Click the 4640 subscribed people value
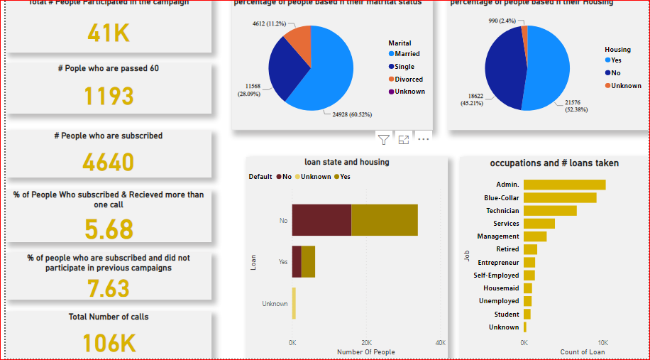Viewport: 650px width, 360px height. click(x=108, y=162)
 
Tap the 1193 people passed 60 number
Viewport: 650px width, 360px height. click(x=108, y=95)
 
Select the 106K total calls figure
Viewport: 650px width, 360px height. click(x=109, y=343)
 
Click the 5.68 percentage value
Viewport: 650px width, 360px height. click(x=109, y=229)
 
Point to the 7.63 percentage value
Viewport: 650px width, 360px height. click(x=109, y=288)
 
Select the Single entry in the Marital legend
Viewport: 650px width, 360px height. click(x=404, y=66)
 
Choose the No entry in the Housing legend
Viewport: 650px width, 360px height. click(x=616, y=72)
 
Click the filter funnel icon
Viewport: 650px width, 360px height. click(x=384, y=139)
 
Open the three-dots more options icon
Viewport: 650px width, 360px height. click(x=424, y=139)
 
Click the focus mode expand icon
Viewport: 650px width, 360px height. click(x=404, y=139)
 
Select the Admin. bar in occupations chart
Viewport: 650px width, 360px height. click(x=564, y=185)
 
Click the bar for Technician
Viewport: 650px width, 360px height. click(x=550, y=211)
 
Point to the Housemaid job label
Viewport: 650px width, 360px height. click(x=502, y=288)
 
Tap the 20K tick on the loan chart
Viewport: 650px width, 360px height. click(x=367, y=343)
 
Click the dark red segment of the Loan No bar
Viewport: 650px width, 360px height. click(x=321, y=220)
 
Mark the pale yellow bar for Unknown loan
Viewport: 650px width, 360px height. click(x=294, y=303)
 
